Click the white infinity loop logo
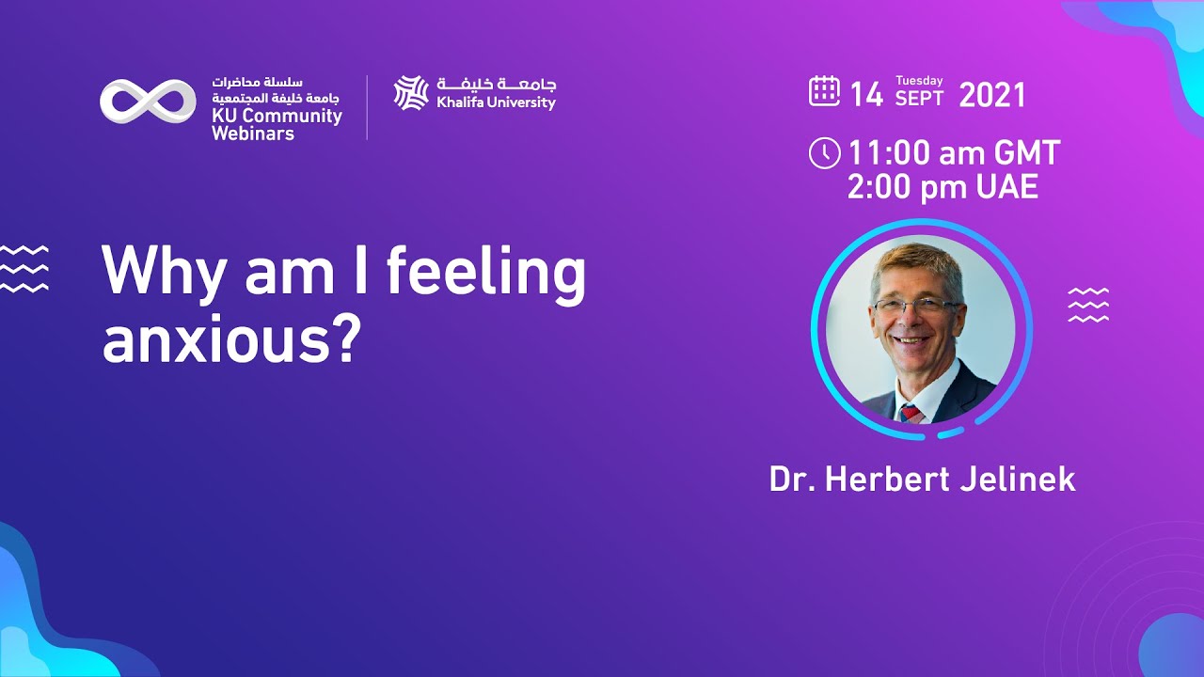pos(148,101)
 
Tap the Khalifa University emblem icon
pos(411,93)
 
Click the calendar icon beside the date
pos(824,91)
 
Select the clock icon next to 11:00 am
pos(824,153)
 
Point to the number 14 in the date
pos(866,95)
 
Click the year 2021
pos(992,95)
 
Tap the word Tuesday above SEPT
pos(919,81)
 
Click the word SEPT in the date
pos(919,100)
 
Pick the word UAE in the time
pos(1006,187)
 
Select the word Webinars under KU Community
pos(253,134)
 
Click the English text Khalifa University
pos(496,102)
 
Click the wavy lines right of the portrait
pos(1088,306)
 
